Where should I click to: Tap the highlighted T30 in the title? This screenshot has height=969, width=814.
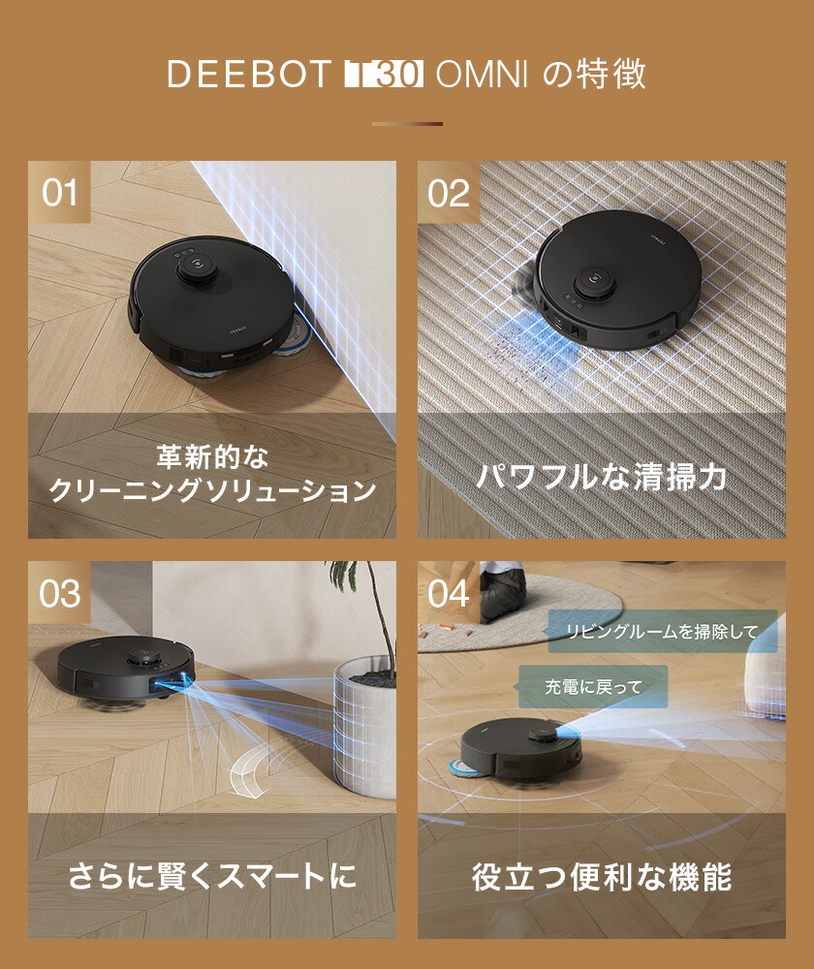pyautogui.click(x=384, y=76)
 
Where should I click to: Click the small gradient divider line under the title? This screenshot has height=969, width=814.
pyautogui.click(x=407, y=124)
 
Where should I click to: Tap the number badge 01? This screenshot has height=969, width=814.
pyautogui.click(x=59, y=192)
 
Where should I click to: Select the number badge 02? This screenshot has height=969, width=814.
pyautogui.click(x=449, y=192)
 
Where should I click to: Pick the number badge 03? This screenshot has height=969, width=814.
pyautogui.click(x=59, y=593)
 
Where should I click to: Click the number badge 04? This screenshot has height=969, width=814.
pyautogui.click(x=449, y=593)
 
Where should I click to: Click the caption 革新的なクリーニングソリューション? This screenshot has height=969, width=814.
pyautogui.click(x=212, y=474)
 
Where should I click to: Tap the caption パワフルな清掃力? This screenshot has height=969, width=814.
pyautogui.click(x=601, y=476)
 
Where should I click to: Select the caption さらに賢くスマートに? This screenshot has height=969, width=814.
pyautogui.click(x=212, y=877)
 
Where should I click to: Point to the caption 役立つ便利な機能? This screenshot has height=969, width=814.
pyautogui.click(x=601, y=877)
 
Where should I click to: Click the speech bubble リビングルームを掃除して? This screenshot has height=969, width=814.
pyautogui.click(x=663, y=632)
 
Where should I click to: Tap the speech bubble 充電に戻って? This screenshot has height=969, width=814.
pyautogui.click(x=580, y=686)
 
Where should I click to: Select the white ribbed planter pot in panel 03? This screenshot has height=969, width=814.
pyautogui.click(x=365, y=722)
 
